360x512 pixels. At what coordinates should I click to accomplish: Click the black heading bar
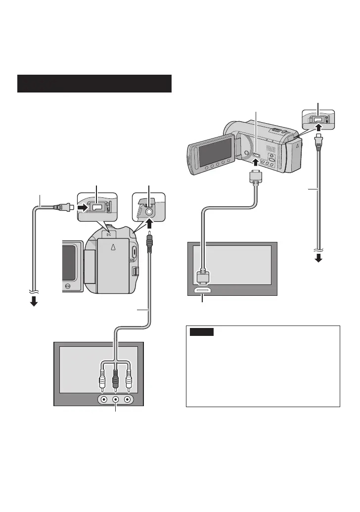[94, 84]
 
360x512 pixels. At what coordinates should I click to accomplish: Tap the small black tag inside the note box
[202, 332]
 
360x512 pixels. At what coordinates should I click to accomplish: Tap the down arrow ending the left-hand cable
[34, 301]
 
